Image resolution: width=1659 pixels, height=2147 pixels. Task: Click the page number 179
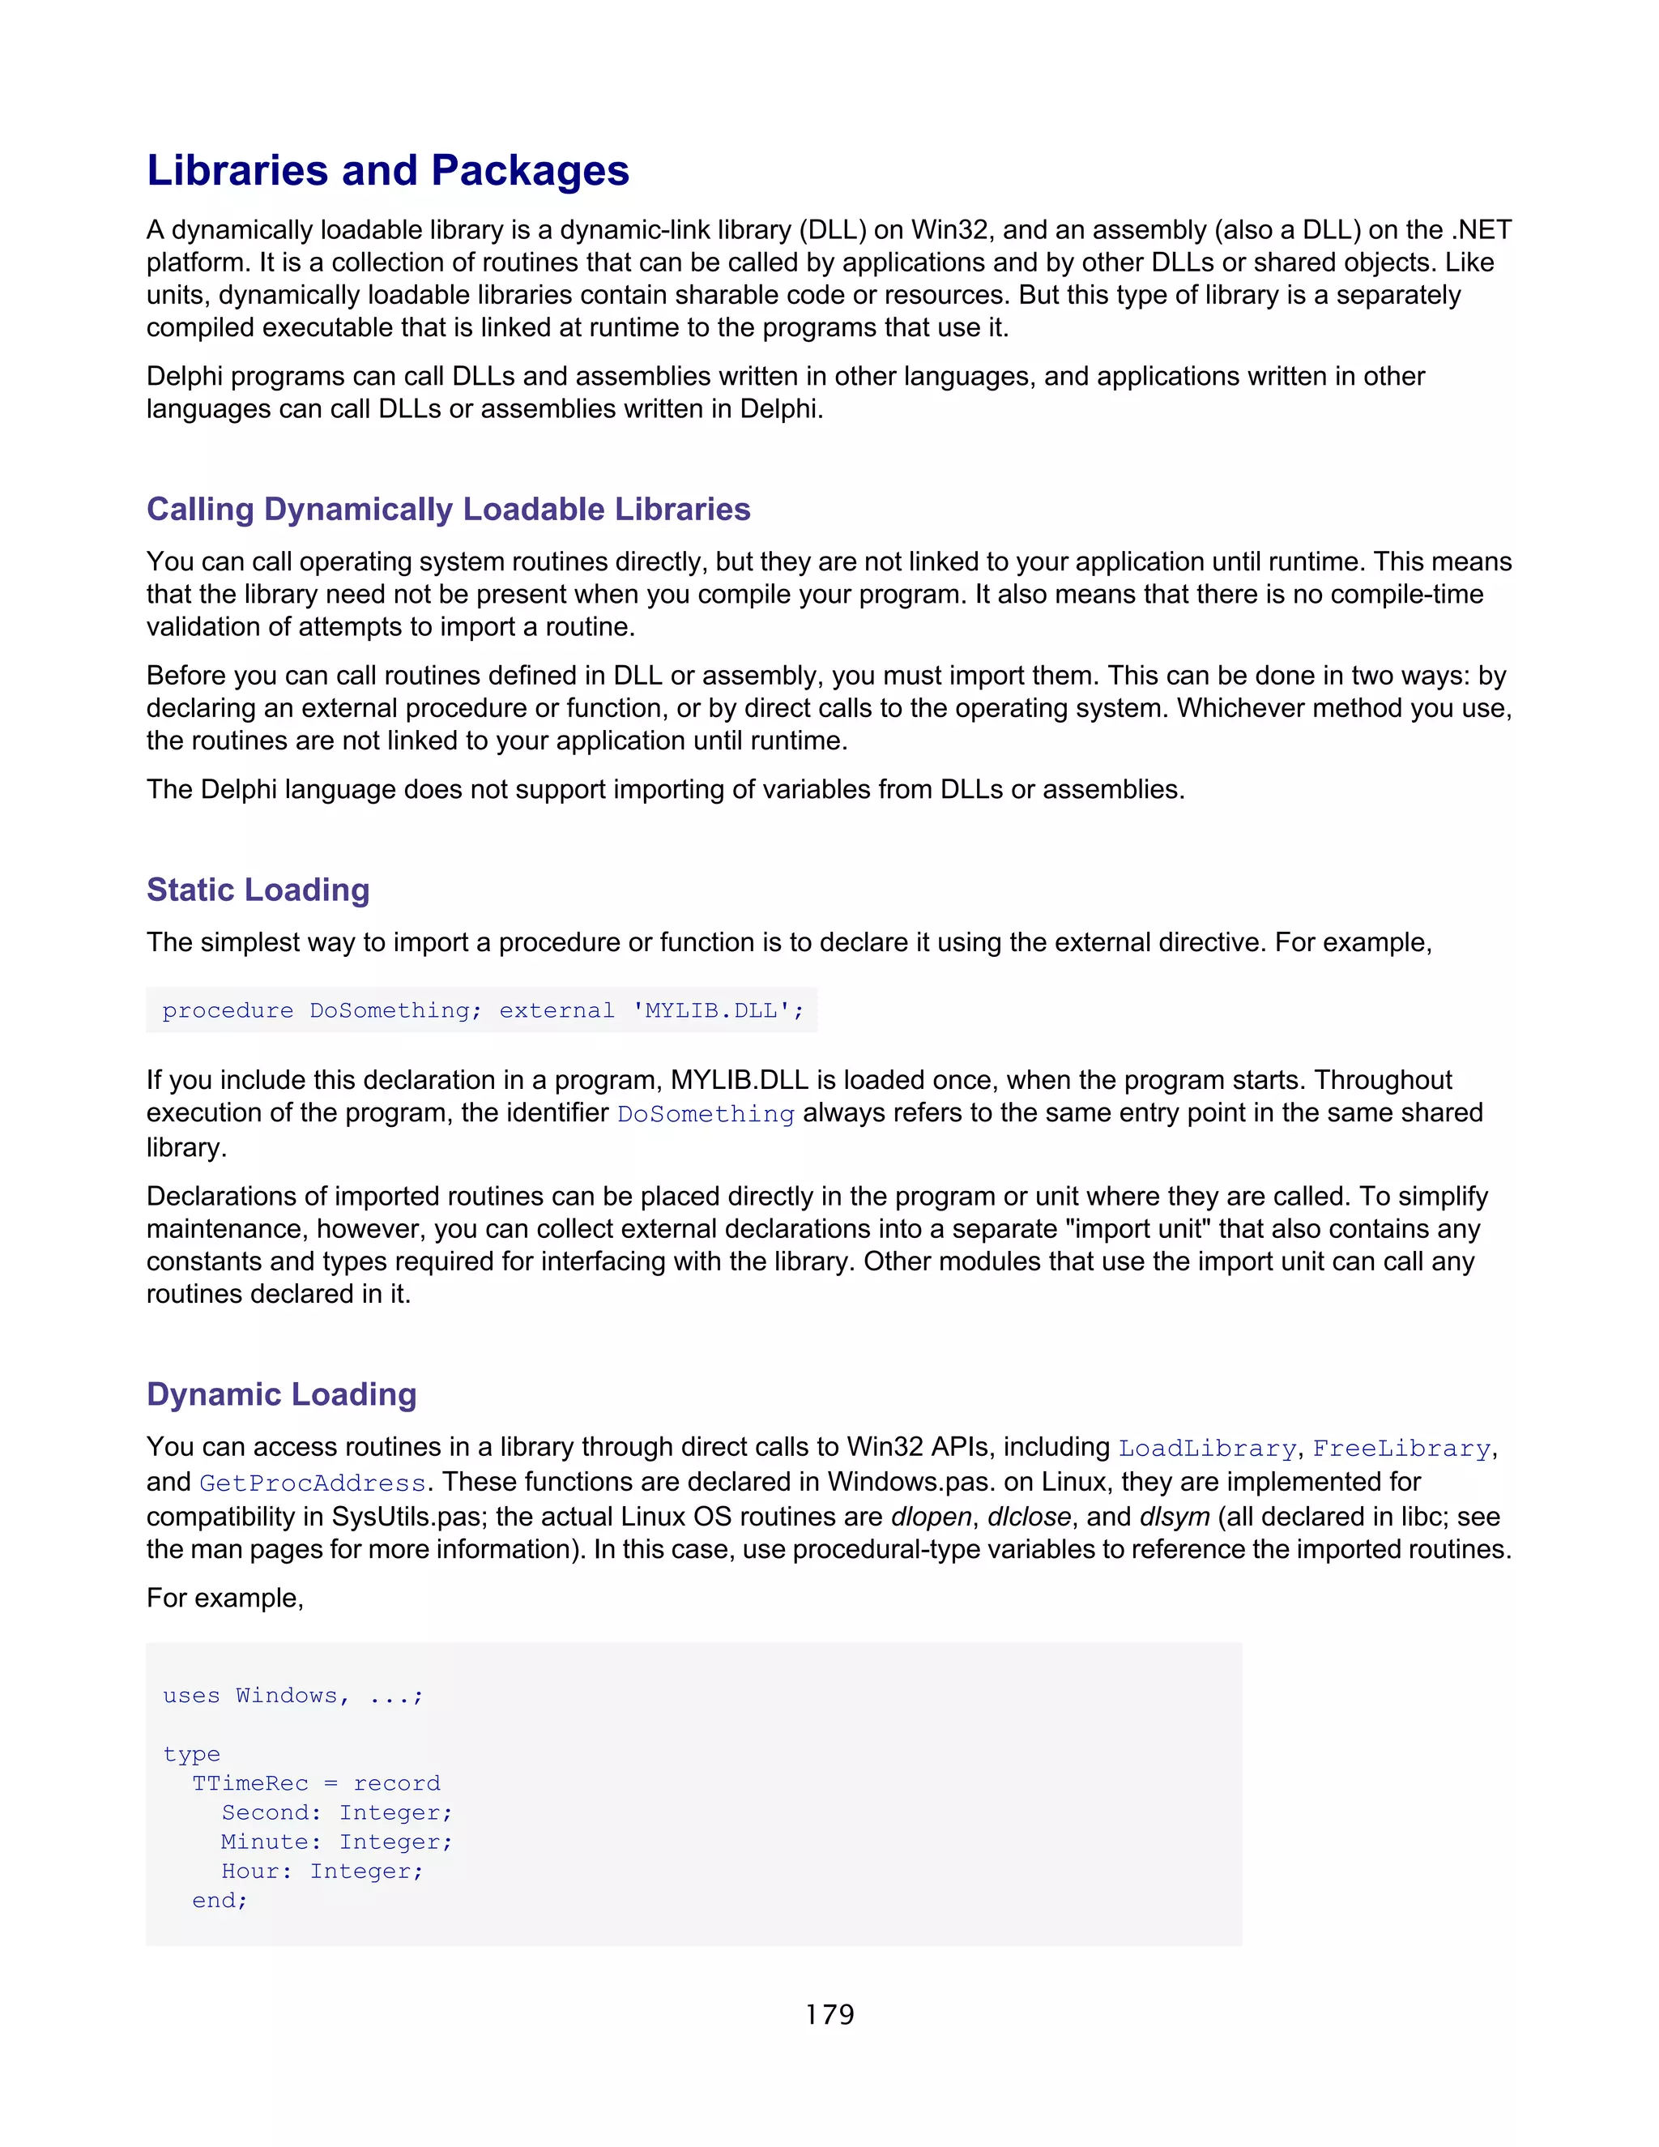(829, 2014)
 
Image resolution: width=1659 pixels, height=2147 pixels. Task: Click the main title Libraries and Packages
(387, 170)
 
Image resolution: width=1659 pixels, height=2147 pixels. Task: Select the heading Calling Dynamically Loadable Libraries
(448, 510)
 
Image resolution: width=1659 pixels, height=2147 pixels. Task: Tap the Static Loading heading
(258, 890)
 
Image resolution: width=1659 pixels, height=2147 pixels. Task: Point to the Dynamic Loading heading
(281, 1394)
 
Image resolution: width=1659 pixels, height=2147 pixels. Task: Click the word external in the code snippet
(557, 1010)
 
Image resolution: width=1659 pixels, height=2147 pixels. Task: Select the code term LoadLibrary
(1207, 1448)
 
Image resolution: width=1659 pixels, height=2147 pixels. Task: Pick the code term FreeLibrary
(1401, 1448)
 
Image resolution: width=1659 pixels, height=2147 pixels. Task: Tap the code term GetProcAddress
(313, 1483)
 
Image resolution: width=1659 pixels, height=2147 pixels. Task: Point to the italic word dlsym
(1174, 1517)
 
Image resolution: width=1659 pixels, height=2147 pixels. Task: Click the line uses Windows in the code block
(292, 1696)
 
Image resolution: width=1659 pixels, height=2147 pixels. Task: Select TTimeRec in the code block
(249, 1783)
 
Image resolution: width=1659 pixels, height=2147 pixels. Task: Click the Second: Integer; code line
(336, 1812)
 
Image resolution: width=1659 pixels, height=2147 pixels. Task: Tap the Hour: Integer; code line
(322, 1871)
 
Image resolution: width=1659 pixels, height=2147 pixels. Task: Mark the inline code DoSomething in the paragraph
(705, 1114)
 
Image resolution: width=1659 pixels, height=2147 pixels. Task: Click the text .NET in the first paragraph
(1481, 230)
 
